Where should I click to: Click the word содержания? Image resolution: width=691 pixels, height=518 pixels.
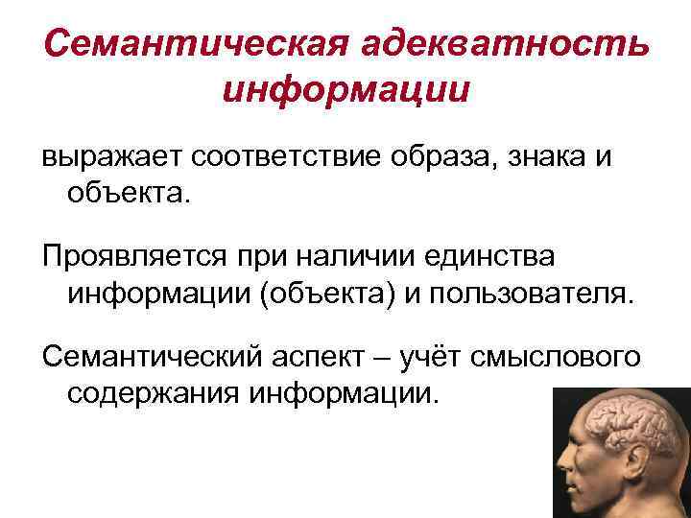click(143, 392)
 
